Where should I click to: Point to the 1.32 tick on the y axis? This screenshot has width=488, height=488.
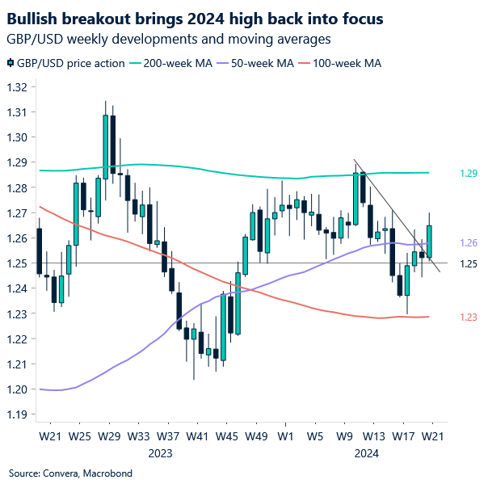point(18,87)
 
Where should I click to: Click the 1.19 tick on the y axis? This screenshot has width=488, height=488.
point(18,414)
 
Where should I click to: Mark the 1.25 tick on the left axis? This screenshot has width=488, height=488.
point(18,263)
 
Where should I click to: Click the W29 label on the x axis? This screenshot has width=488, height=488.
point(109,437)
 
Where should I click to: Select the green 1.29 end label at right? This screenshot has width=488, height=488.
point(469,173)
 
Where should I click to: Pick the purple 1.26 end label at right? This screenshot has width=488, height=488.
point(469,243)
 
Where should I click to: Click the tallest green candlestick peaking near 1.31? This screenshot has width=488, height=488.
point(106,145)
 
